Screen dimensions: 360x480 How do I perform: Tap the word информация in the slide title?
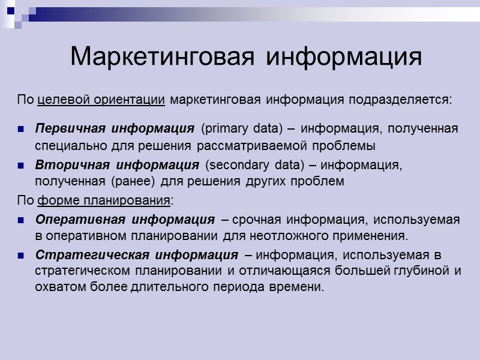coord(344,57)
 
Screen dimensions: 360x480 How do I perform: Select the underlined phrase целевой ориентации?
coord(101,99)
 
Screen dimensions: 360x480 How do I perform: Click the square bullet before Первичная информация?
coord(21,129)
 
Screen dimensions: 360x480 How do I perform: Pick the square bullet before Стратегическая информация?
coord(21,256)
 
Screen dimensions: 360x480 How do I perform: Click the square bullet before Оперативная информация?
coord(21,220)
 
